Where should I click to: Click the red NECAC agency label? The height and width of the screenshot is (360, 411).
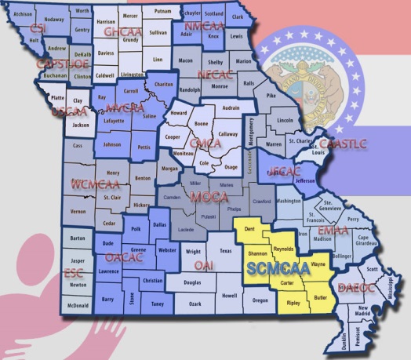215,73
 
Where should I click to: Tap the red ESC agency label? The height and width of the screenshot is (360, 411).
74,273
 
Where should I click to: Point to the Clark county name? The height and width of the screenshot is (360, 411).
238,16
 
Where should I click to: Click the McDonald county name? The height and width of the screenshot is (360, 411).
77,305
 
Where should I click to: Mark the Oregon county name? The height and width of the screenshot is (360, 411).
260,299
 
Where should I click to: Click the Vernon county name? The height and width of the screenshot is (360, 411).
78,212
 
